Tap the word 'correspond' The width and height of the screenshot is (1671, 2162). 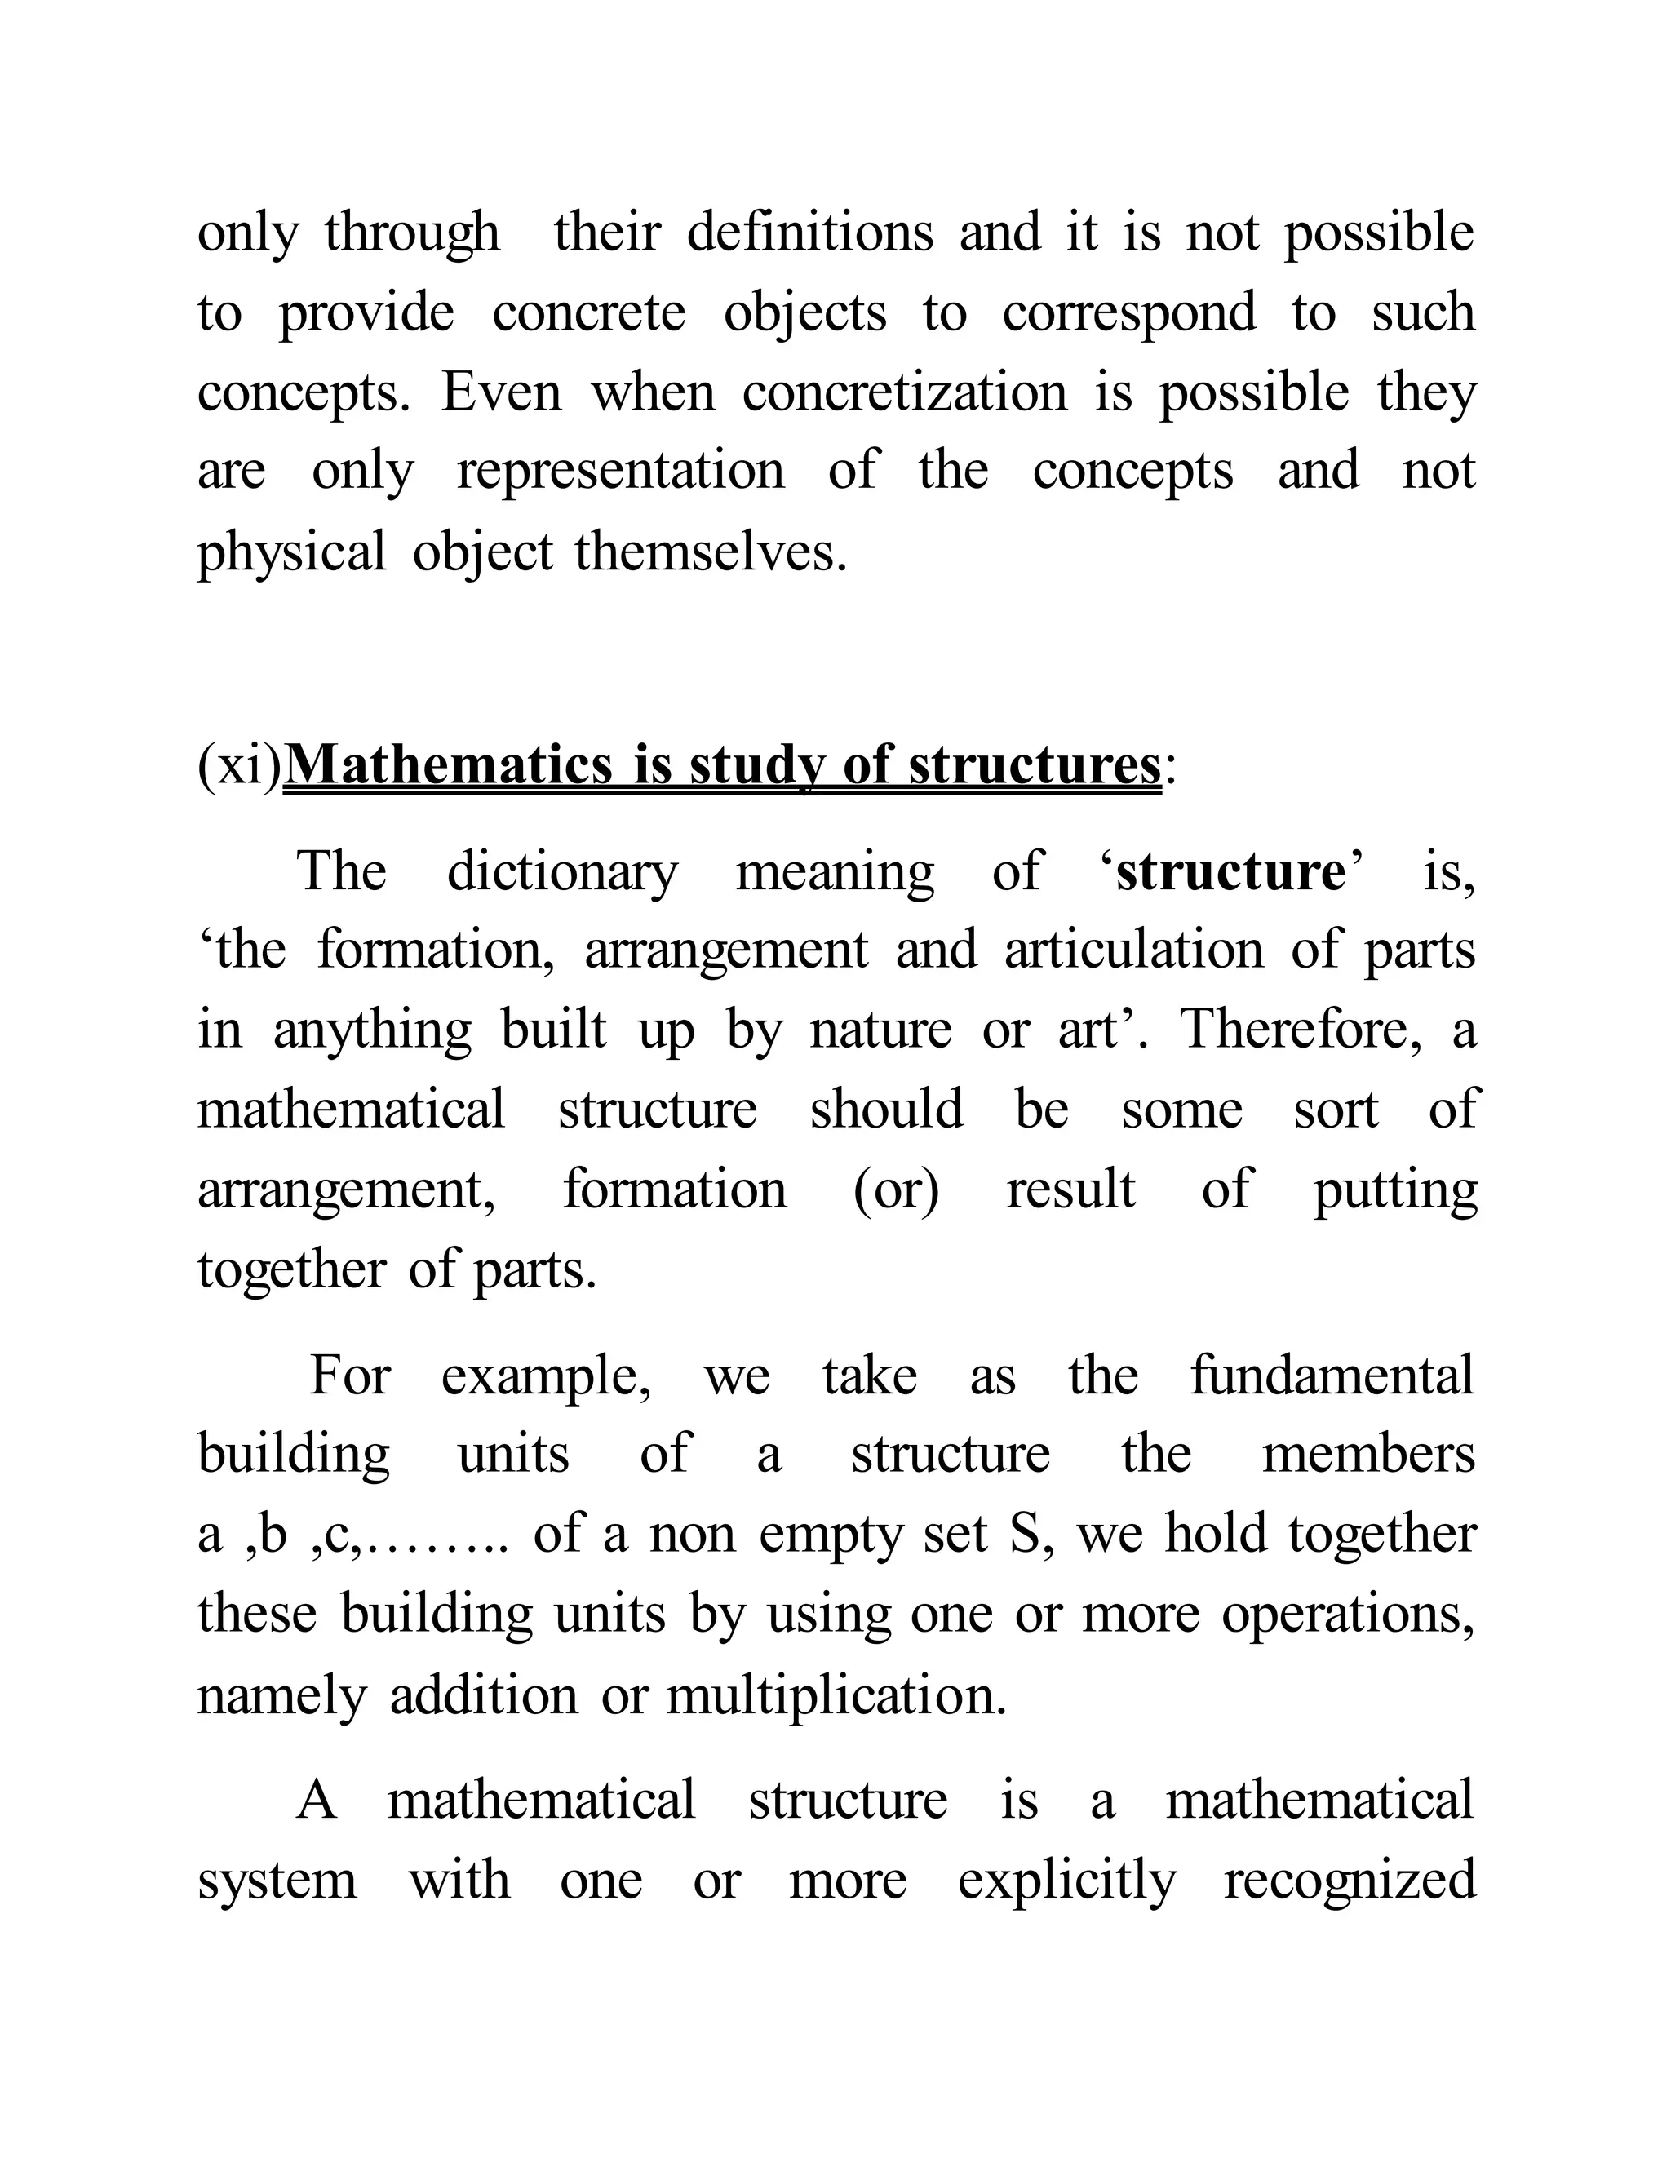click(x=1128, y=314)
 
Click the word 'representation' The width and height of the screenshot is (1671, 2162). click(x=621, y=472)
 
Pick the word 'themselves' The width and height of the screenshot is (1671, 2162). click(x=710, y=552)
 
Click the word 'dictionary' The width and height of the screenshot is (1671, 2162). click(x=562, y=872)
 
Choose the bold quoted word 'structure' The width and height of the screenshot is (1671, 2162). click(x=1230, y=872)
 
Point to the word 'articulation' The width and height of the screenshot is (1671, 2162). click(x=1133, y=950)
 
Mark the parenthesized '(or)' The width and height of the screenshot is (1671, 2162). click(x=896, y=1189)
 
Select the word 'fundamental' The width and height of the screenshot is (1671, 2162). click(x=1332, y=1376)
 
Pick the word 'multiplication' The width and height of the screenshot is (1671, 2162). click(x=836, y=1694)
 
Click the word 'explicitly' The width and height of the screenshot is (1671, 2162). click(x=1066, y=1880)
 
